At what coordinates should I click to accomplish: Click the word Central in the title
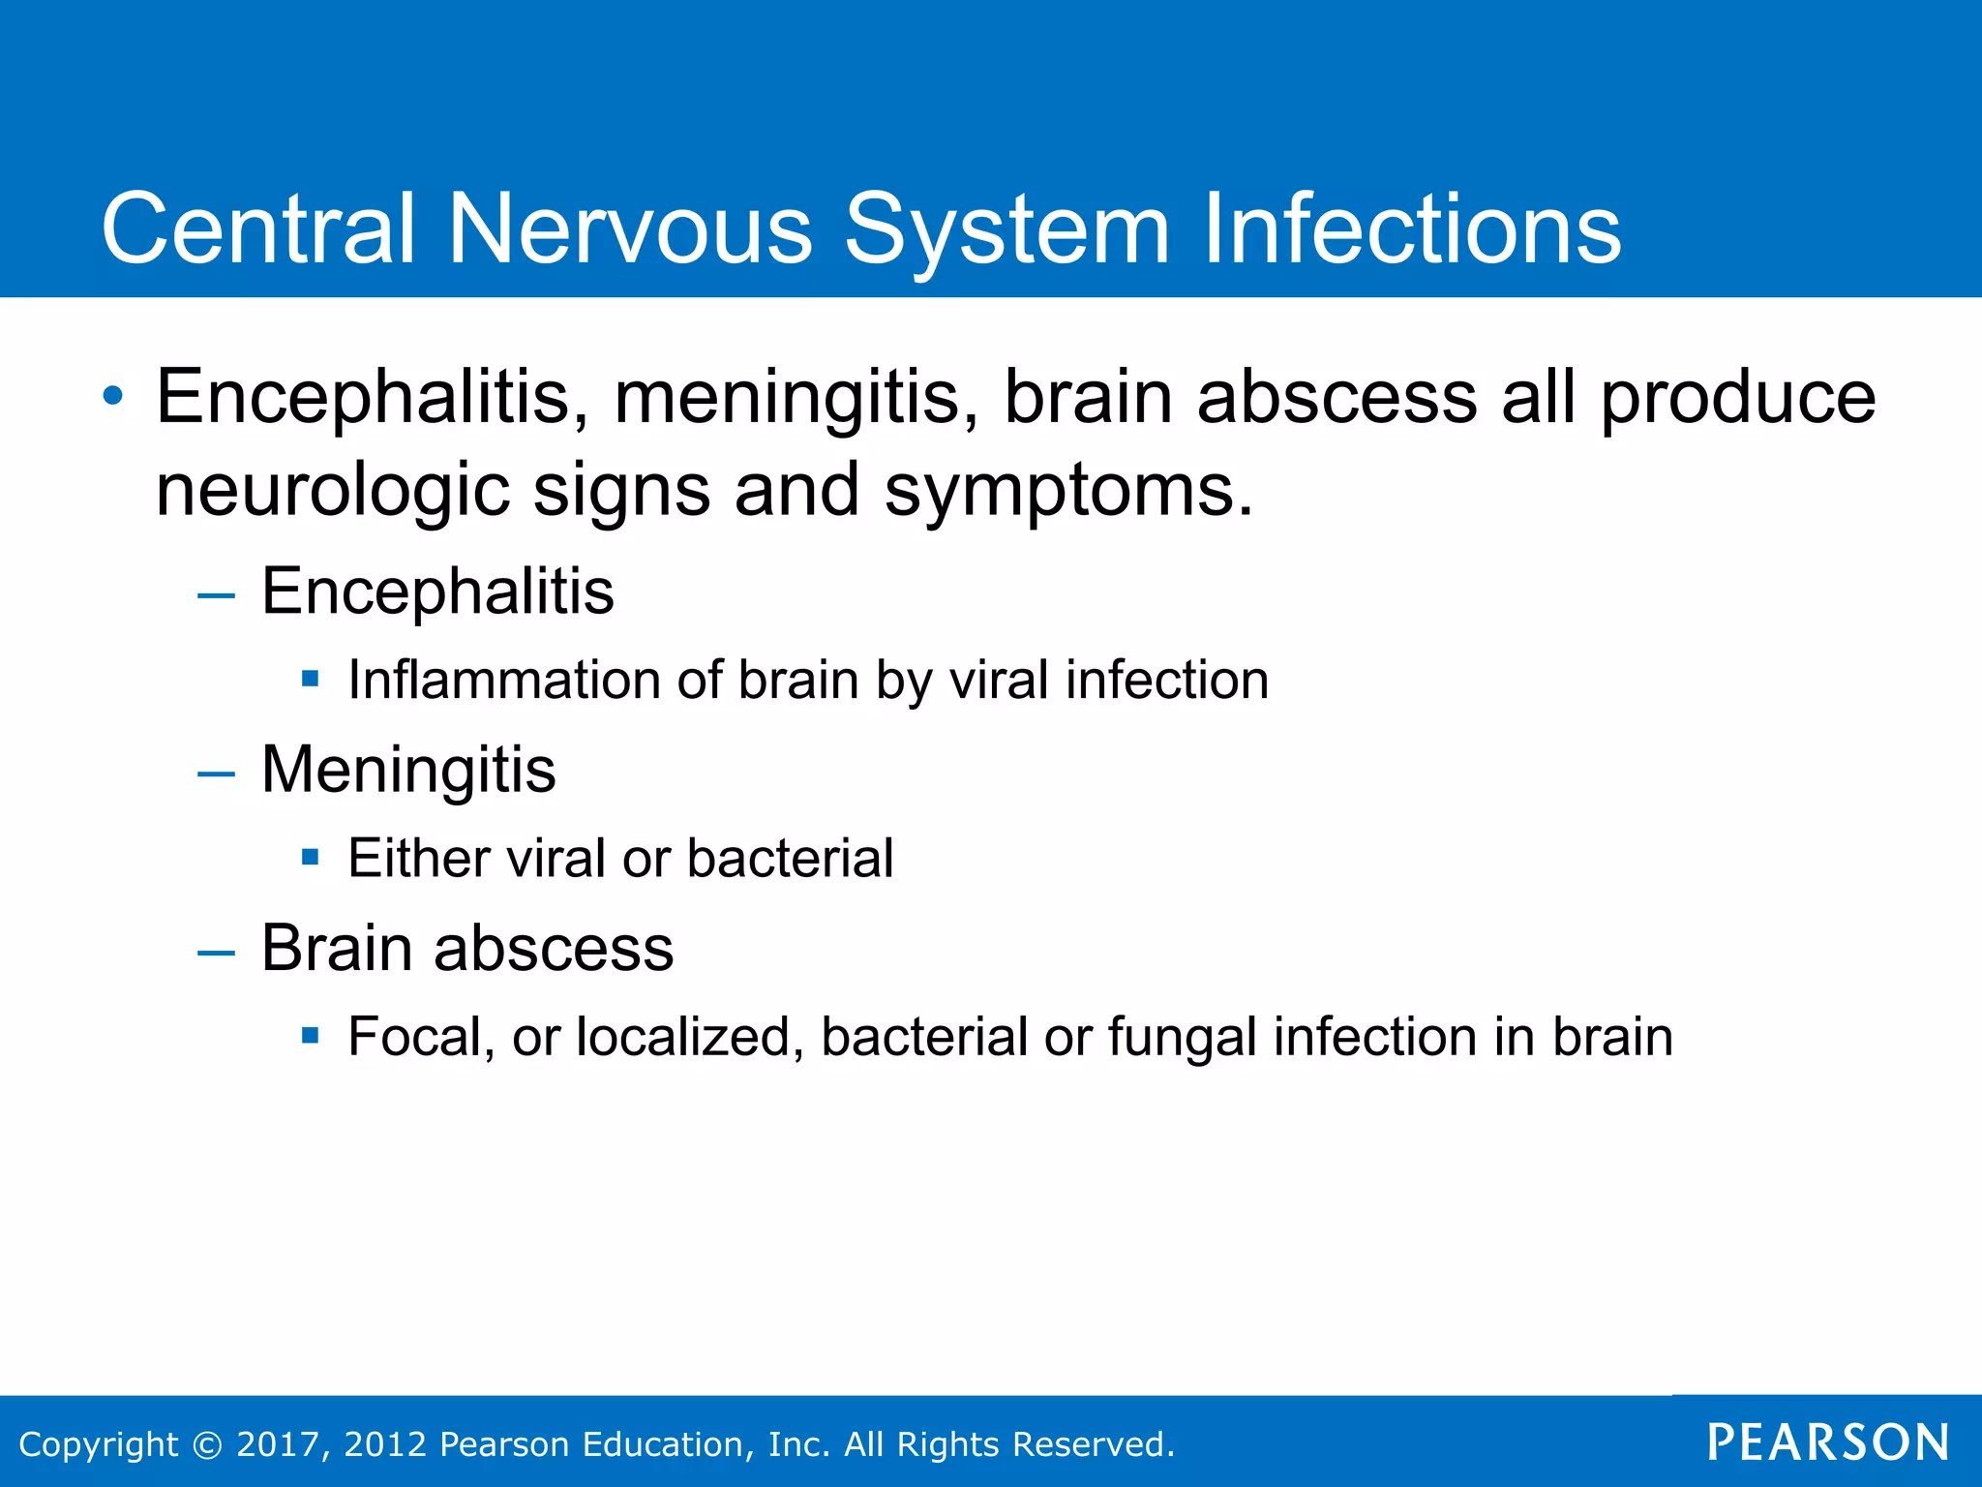258,228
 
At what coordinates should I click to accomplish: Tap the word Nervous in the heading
629,228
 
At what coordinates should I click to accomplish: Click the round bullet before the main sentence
114,396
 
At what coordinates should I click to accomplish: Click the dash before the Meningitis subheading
216,774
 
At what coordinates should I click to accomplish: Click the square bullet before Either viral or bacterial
310,857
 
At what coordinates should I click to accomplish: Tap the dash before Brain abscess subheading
216,952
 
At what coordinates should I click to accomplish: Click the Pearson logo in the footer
1828,1442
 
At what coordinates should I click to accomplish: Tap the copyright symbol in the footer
207,1444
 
